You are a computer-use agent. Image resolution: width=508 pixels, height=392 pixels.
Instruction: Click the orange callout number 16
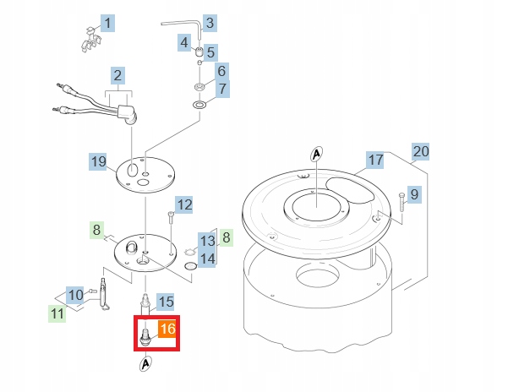coord(167,329)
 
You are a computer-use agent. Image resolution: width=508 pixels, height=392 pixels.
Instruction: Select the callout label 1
coord(108,23)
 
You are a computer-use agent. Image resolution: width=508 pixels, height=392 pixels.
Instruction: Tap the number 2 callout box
coord(118,74)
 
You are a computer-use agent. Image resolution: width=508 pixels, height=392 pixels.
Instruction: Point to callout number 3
coord(209,22)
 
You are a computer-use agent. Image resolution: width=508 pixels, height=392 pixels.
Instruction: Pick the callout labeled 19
coord(99,161)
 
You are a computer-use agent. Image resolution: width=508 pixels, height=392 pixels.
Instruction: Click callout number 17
coord(375,160)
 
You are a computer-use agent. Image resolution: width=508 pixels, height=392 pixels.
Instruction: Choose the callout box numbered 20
coord(421,152)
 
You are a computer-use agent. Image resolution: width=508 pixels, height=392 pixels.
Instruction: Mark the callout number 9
coord(413,195)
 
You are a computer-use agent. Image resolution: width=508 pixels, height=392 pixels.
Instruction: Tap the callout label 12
coord(184,204)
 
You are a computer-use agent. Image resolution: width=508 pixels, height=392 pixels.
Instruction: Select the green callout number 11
coord(57,314)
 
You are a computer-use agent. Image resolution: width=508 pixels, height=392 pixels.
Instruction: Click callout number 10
coord(76,295)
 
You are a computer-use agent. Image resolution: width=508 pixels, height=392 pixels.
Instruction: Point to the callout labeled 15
coord(166,301)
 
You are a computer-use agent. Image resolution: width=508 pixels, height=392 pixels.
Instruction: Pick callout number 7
coord(222,89)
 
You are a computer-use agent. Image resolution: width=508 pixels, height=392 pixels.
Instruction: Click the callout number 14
coord(207,258)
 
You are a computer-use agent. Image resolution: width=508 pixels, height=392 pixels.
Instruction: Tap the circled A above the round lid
coord(317,154)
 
